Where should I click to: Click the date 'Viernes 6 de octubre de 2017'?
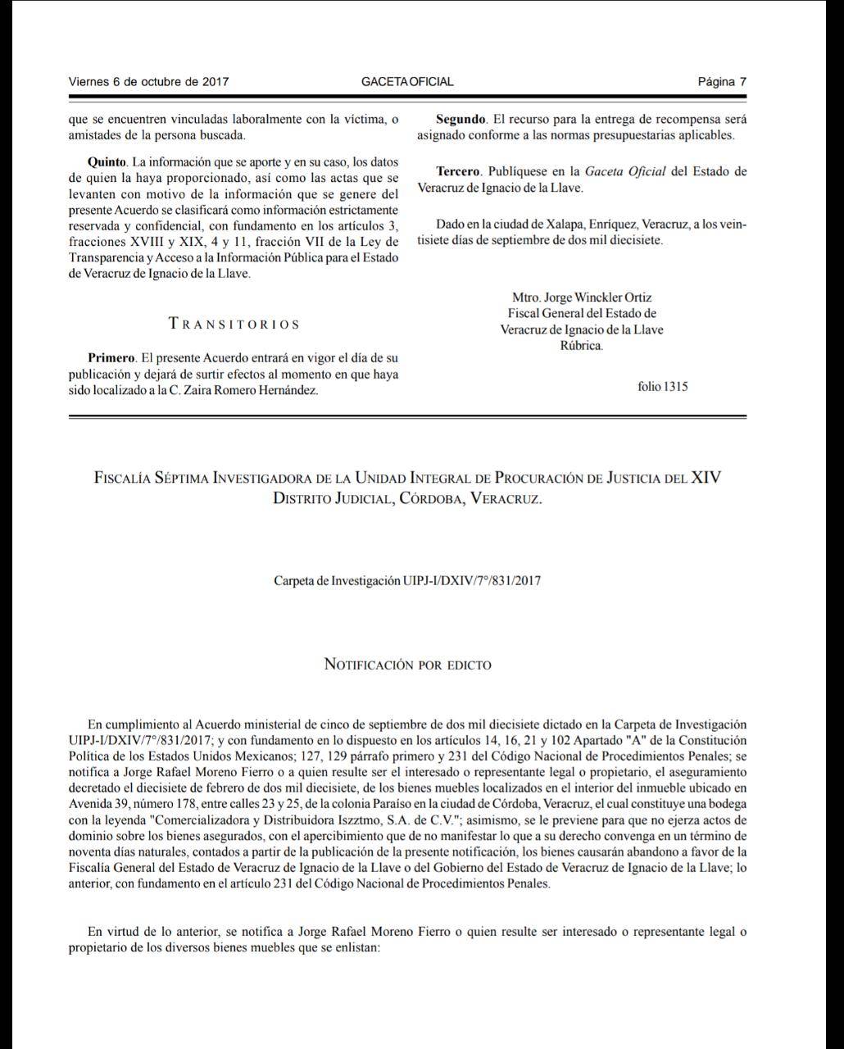pos(148,81)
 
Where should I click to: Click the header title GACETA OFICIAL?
pos(407,81)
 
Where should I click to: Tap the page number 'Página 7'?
pos(722,81)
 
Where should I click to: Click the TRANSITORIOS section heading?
pos(234,324)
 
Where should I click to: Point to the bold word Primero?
pos(111,358)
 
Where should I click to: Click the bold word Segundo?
pos(461,120)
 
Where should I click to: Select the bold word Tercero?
pos(458,171)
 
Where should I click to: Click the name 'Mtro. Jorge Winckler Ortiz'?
pos(582,297)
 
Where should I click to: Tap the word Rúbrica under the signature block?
pos(582,346)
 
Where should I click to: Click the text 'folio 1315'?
pos(662,386)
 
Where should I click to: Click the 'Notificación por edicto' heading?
pos(408,664)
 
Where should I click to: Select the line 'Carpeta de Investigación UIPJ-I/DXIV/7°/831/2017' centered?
pos(407,580)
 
